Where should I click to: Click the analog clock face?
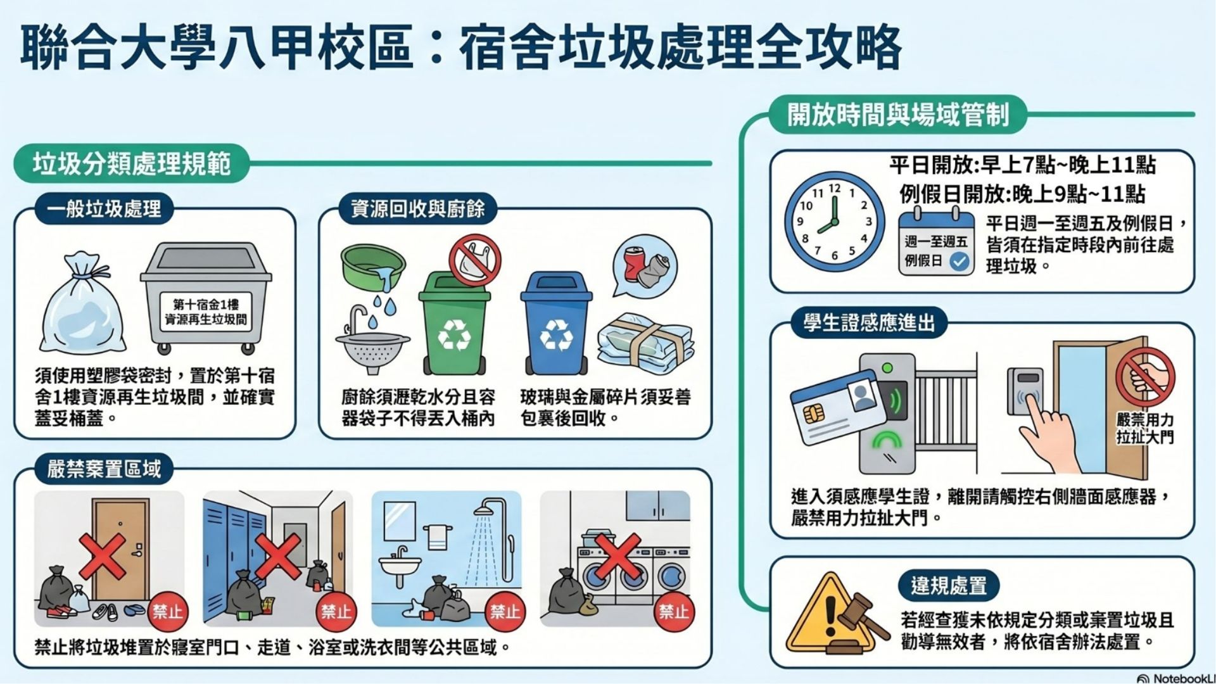834,222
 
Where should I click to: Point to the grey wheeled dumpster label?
206,312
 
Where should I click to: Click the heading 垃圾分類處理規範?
131,164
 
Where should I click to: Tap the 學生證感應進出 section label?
869,323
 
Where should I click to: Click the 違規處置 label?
948,585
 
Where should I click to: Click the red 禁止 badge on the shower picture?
505,611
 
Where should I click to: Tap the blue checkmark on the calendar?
959,261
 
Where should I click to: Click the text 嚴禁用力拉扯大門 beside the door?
1145,428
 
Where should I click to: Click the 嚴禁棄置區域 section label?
104,469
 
